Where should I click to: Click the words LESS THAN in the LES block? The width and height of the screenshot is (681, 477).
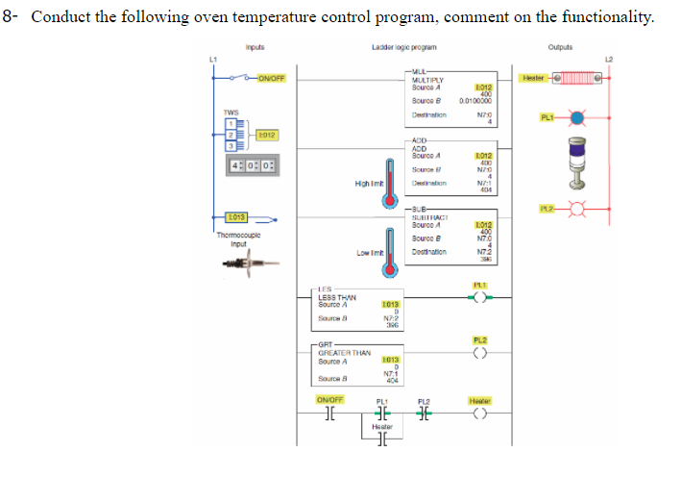[339, 298]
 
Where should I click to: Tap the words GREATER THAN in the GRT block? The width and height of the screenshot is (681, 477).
[344, 353]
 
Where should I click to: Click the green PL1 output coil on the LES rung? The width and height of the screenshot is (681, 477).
[479, 296]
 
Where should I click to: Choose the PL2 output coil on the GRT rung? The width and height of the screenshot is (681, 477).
[479, 352]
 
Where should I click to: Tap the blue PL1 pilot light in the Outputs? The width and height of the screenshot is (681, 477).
[576, 119]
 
